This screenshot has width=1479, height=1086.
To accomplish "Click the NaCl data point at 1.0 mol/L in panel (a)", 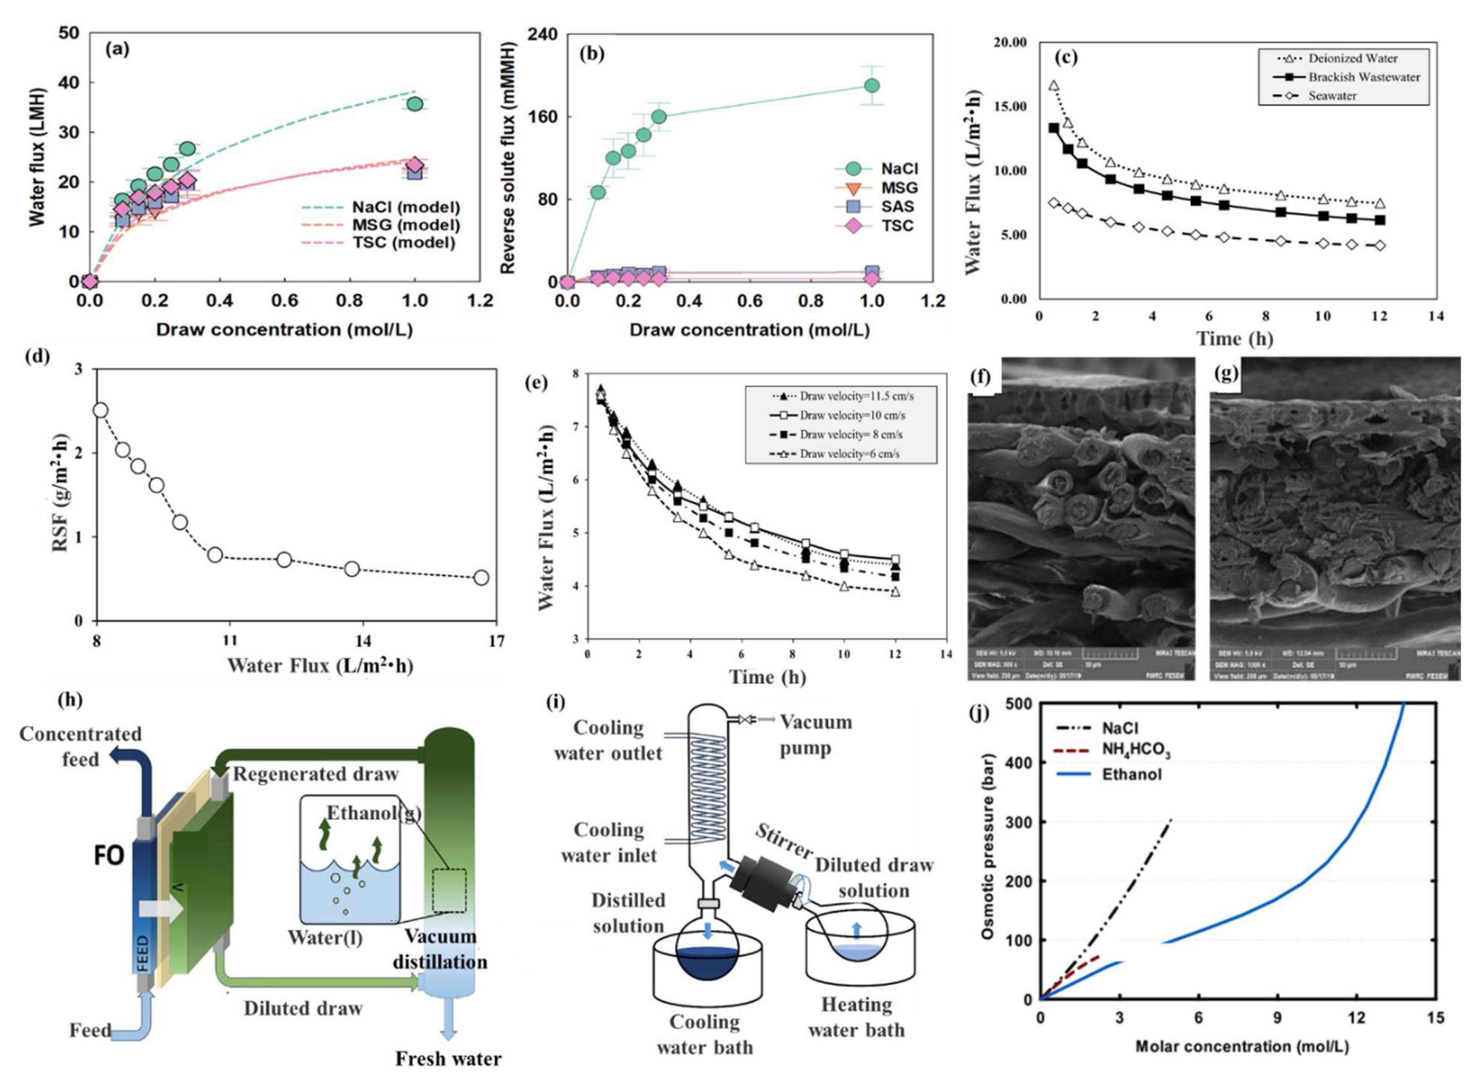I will (414, 104).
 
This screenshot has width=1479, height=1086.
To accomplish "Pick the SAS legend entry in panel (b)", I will (897, 206).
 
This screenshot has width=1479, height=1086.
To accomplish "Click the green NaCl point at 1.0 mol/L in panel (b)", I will (872, 86).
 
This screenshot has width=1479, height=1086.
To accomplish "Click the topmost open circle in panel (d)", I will (101, 410).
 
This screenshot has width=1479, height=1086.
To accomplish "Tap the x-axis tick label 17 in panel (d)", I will (496, 641).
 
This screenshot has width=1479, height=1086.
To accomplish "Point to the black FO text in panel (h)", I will (109, 856).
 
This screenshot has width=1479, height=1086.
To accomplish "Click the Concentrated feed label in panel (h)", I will (80, 747).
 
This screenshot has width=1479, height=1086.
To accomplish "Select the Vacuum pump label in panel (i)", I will (815, 735).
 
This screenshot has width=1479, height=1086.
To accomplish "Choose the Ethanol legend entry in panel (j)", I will (1131, 775).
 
